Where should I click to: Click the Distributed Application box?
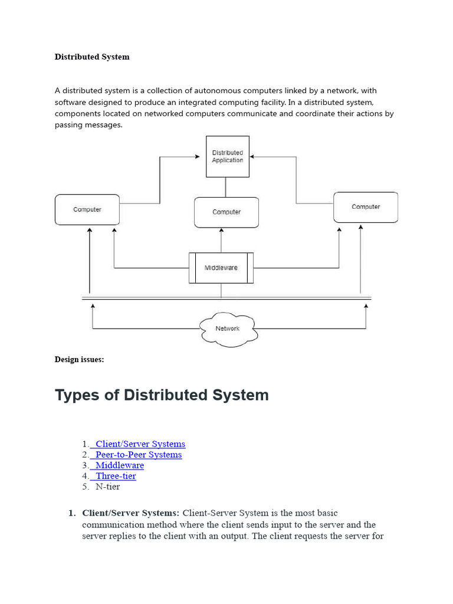(x=227, y=156)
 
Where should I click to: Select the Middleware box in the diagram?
(x=221, y=268)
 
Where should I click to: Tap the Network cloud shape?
(x=227, y=329)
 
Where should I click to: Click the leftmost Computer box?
(x=87, y=209)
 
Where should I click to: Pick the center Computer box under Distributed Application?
(x=226, y=212)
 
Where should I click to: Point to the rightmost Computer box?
(x=366, y=207)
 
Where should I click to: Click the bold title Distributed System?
(x=92, y=57)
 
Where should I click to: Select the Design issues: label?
(x=80, y=360)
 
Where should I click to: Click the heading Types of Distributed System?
(x=162, y=395)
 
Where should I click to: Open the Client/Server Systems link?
(x=140, y=444)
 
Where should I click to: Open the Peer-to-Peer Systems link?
(x=139, y=455)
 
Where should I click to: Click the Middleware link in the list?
(x=120, y=465)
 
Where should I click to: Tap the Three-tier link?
(x=116, y=476)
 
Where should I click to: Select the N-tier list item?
(x=108, y=487)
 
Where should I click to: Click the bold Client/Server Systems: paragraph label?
(x=131, y=513)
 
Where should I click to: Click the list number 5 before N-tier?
(x=86, y=487)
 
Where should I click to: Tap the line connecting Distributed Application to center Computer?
(x=225, y=187)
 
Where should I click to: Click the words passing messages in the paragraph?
(x=88, y=125)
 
